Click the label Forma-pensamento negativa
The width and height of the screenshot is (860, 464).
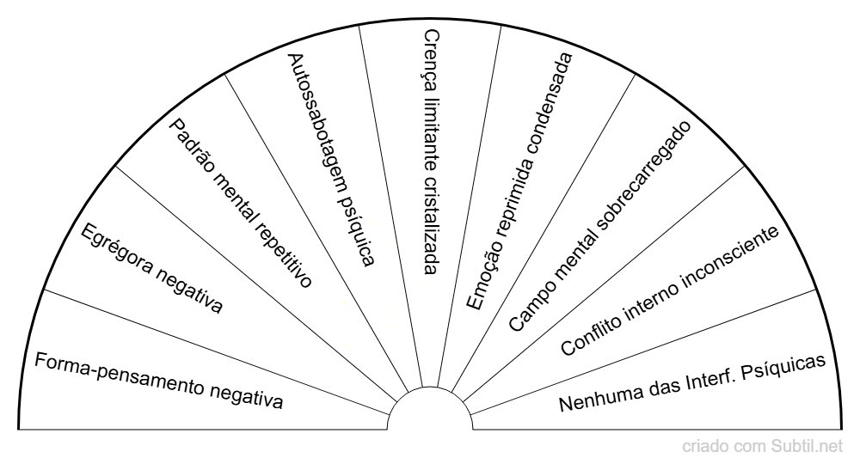tap(158, 379)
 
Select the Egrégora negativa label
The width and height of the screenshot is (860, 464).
tap(151, 268)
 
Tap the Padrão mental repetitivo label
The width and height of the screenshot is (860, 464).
tap(239, 203)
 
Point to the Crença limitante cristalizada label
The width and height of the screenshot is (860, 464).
tap(432, 151)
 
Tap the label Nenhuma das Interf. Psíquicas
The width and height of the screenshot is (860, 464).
tap(692, 382)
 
